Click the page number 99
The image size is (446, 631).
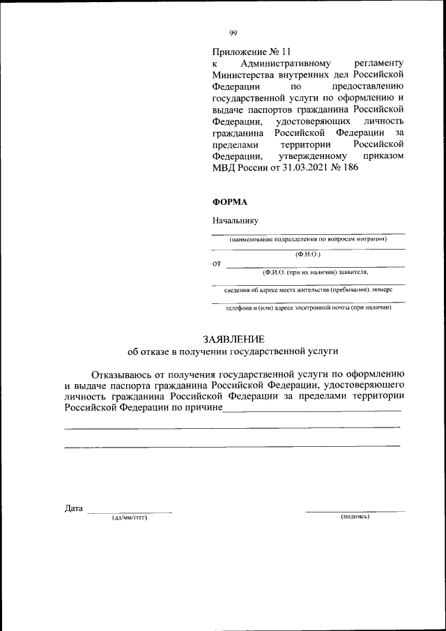[x=233, y=32]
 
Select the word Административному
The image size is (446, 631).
[x=271, y=63]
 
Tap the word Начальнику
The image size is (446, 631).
[x=236, y=220]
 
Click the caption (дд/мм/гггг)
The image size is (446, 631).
[x=130, y=517]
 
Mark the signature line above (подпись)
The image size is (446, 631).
[x=355, y=512]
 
